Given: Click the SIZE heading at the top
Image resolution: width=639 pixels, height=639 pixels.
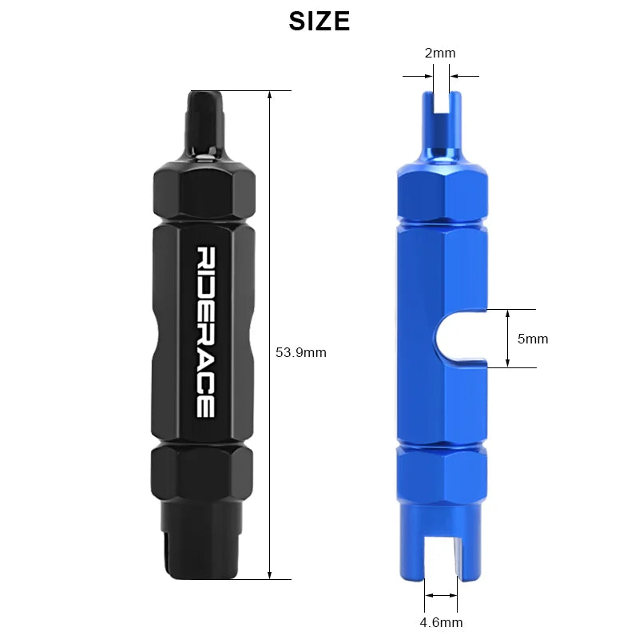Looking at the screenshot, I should (319, 22).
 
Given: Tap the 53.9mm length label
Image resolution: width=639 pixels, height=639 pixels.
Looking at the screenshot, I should (301, 352).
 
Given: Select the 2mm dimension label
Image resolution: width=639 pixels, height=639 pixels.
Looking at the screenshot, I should (440, 54).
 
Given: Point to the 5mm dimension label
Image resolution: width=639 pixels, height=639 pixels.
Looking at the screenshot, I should (533, 339).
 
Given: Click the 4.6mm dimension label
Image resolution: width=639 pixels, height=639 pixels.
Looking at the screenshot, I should (440, 622).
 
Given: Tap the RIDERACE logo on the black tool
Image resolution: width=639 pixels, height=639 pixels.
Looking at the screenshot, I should (204, 331).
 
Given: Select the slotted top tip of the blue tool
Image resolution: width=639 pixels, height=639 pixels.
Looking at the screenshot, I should (442, 116).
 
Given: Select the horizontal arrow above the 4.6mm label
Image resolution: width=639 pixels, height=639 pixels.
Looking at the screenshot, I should (441, 595).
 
